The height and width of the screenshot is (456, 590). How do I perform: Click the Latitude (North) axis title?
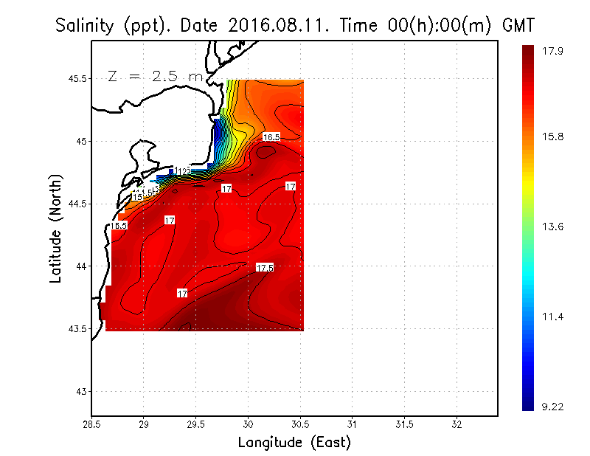[x=56, y=224]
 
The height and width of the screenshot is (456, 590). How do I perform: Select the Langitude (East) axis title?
[x=294, y=443]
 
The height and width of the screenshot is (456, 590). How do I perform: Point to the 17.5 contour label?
[x=265, y=267]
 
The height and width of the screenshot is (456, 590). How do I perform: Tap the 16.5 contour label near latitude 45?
[x=271, y=137]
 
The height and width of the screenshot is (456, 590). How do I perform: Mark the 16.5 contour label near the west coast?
[x=119, y=226]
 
